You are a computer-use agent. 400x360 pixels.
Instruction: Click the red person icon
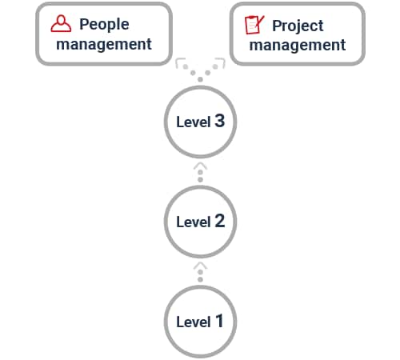click(61, 23)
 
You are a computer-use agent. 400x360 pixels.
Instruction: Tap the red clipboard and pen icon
click(254, 25)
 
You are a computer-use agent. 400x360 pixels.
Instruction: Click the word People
click(104, 25)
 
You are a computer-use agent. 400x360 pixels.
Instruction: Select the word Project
click(298, 26)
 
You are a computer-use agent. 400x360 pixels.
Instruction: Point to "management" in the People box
click(104, 44)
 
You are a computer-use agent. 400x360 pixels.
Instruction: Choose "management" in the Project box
click(298, 45)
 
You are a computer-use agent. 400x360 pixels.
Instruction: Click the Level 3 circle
click(200, 122)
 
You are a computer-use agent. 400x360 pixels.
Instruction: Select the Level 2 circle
click(200, 222)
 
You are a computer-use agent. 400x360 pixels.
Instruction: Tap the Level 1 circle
click(200, 322)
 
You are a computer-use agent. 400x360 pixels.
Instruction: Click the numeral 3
click(220, 121)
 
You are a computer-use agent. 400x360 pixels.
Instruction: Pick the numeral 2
click(220, 221)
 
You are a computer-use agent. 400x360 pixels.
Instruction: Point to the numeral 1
click(219, 321)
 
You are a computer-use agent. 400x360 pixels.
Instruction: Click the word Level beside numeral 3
click(194, 122)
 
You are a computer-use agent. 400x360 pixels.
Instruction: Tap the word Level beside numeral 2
click(194, 222)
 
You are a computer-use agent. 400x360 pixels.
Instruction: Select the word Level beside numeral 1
click(194, 322)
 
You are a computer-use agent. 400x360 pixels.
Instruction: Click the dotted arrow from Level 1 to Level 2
click(200, 272)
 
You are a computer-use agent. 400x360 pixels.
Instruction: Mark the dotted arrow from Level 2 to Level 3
click(200, 172)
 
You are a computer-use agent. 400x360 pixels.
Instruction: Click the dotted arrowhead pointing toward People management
click(180, 62)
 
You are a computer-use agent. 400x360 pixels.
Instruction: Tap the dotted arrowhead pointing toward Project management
click(220, 62)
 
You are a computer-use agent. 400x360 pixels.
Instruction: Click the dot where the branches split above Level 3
click(200, 79)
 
